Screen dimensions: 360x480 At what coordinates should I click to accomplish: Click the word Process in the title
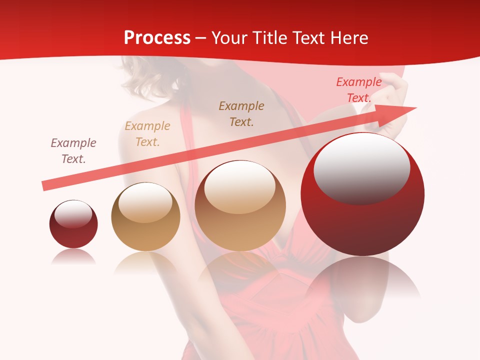click(157, 38)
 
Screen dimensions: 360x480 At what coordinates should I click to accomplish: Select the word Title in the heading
click(271, 38)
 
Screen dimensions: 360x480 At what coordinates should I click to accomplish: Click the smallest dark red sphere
click(73, 224)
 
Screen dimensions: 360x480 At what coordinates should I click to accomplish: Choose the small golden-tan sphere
click(145, 217)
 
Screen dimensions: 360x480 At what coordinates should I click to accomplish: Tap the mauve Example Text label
click(73, 151)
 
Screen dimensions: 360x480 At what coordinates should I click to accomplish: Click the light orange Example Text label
click(147, 134)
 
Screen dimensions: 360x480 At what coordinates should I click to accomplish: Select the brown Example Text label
click(241, 113)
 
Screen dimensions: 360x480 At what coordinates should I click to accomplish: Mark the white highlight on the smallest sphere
click(73, 214)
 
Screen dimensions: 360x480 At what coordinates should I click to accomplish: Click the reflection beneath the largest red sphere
click(362, 277)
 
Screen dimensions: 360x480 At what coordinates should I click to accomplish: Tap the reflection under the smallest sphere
click(73, 256)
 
